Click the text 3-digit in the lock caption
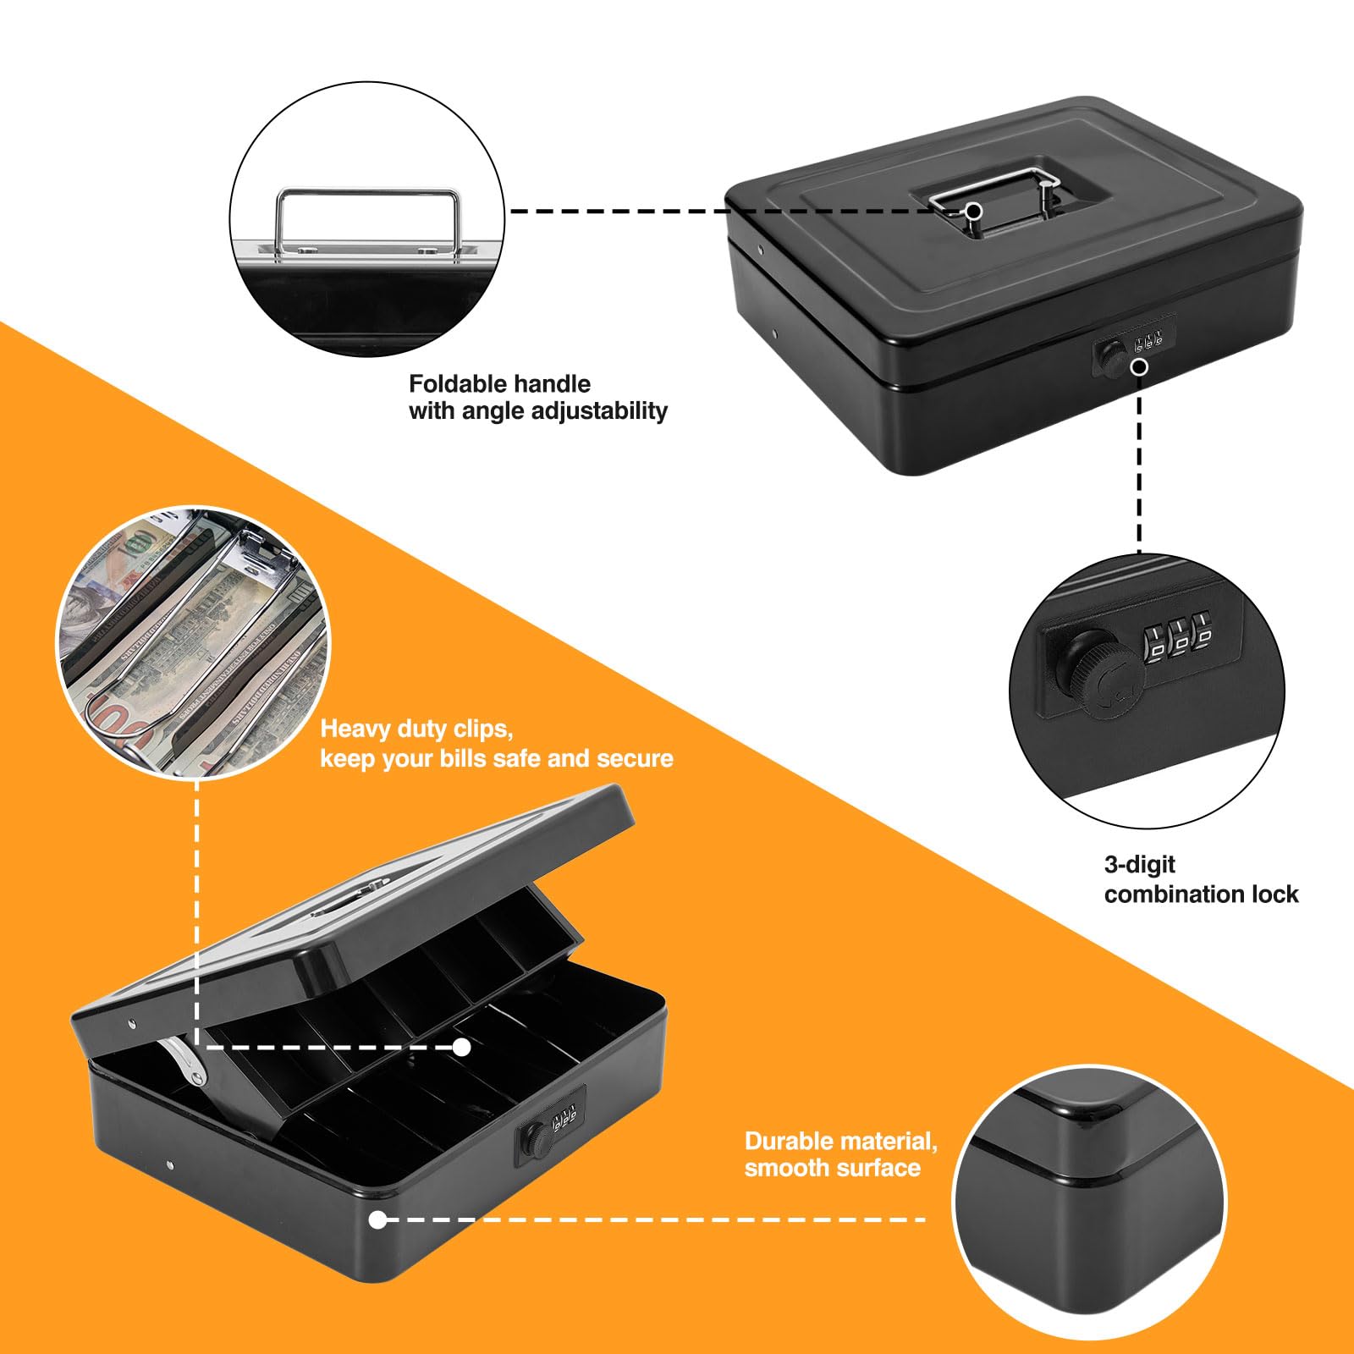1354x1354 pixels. (x=1139, y=864)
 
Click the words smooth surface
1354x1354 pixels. (x=832, y=1169)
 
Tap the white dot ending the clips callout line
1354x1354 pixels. (x=461, y=1048)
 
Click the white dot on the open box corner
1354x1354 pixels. (x=377, y=1219)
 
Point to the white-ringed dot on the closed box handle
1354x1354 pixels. (x=974, y=211)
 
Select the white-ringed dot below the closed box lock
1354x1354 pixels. (x=1140, y=367)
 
